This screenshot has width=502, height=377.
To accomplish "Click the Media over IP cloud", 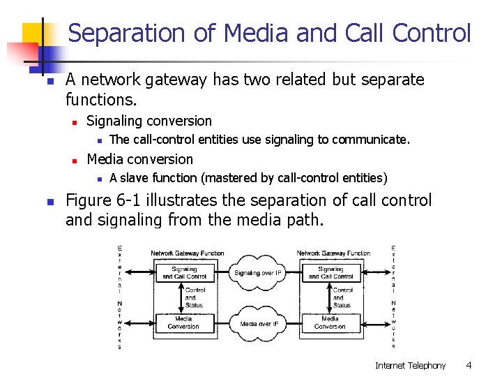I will pos(259,323).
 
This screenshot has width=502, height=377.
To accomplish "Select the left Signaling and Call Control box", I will pos(184,273).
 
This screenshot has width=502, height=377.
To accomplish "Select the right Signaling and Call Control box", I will pos(330,273).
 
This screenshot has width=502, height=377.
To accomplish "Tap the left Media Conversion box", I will pos(183,323).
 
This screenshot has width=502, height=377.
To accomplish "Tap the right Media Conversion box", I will pos(330,323).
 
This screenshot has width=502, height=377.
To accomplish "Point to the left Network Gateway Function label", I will pos(188,253).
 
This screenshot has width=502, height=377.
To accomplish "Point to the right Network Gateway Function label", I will pos(333,253).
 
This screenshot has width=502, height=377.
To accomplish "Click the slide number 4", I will pos(469,365).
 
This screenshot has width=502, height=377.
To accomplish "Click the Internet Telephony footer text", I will pos(410,365).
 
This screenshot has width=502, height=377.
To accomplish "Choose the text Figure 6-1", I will pos(105,200).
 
